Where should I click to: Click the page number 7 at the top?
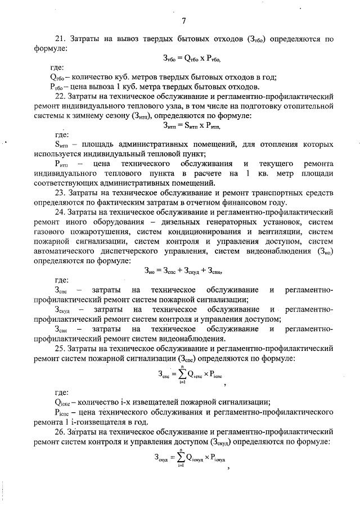(x=183, y=21)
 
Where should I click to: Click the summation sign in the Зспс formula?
(x=182, y=373)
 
